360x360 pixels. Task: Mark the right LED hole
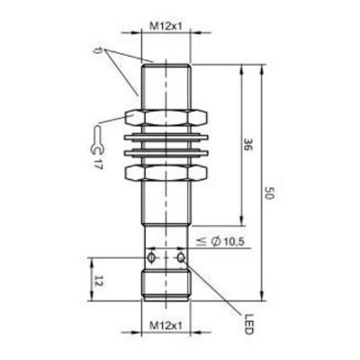point(181,258)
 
